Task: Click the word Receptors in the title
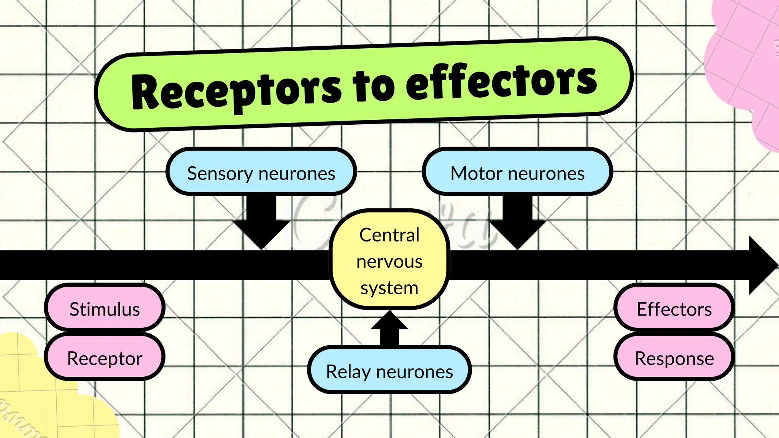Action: pos(236,91)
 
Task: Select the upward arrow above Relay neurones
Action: pos(389,327)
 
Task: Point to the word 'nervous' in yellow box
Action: pos(389,262)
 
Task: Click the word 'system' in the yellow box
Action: pos(389,288)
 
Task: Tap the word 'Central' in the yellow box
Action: pos(389,235)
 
